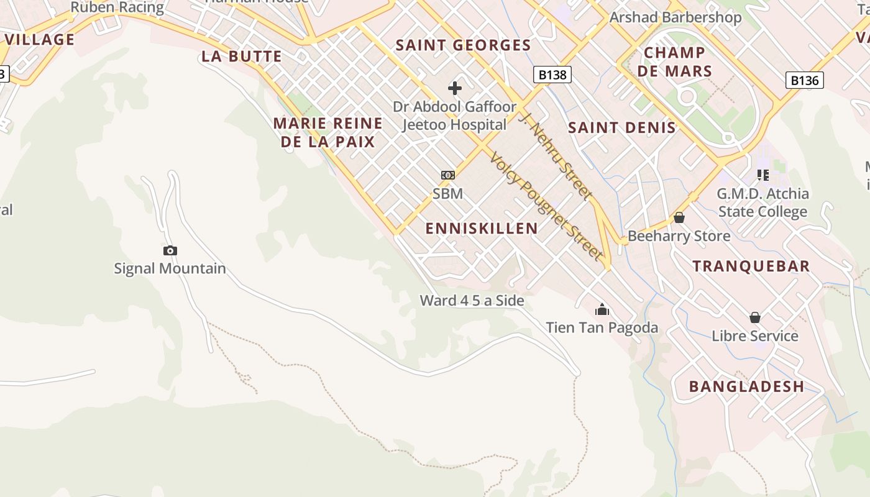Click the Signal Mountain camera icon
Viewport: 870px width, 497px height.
click(x=170, y=251)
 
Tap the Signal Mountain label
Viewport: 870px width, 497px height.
click(x=170, y=268)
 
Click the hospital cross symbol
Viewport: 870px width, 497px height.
click(x=455, y=88)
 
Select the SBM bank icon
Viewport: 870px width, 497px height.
click(x=448, y=175)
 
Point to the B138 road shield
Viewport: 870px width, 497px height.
click(x=552, y=75)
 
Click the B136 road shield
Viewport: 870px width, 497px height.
click(x=805, y=80)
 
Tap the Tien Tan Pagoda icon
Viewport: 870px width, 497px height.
click(x=602, y=309)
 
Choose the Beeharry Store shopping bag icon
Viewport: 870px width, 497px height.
click(x=679, y=218)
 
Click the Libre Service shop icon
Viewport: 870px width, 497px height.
click(x=755, y=318)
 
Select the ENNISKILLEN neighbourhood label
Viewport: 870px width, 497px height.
click(x=482, y=228)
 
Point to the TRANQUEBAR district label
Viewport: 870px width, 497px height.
click(x=751, y=266)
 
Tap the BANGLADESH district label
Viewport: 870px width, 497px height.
click(x=746, y=386)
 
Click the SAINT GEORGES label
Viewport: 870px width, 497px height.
click(x=464, y=45)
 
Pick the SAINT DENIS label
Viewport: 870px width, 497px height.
click(x=622, y=128)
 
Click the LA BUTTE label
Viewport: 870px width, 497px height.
click(x=242, y=57)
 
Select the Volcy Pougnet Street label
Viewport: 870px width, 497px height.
click(x=546, y=205)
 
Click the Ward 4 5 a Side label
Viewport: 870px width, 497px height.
click(x=472, y=301)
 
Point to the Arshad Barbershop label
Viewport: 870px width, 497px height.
click(x=675, y=17)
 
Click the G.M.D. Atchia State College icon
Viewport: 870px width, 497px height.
click(x=763, y=175)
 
